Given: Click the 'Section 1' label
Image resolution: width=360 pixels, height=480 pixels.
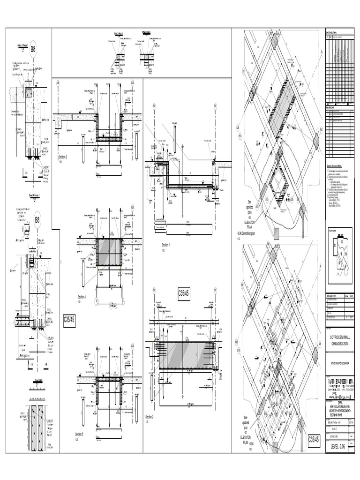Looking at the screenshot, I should pyautogui.click(x=166, y=245).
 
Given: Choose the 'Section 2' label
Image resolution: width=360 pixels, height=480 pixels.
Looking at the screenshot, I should pyautogui.click(x=150, y=417).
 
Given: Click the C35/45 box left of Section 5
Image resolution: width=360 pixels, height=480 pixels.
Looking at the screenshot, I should pyautogui.click(x=70, y=322).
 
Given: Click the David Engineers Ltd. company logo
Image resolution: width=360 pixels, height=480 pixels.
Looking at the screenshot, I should pyautogui.click(x=340, y=377).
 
